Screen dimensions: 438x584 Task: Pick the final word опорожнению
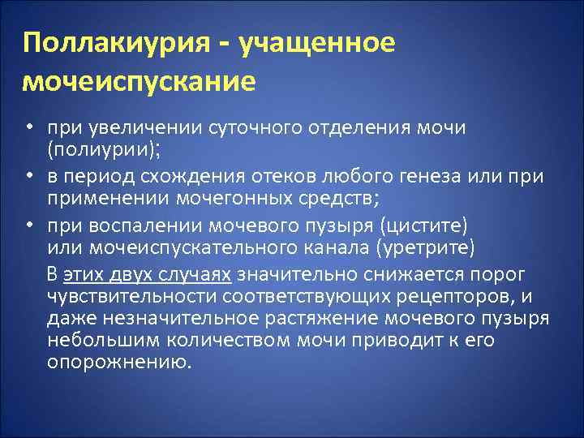tap(119, 361)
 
